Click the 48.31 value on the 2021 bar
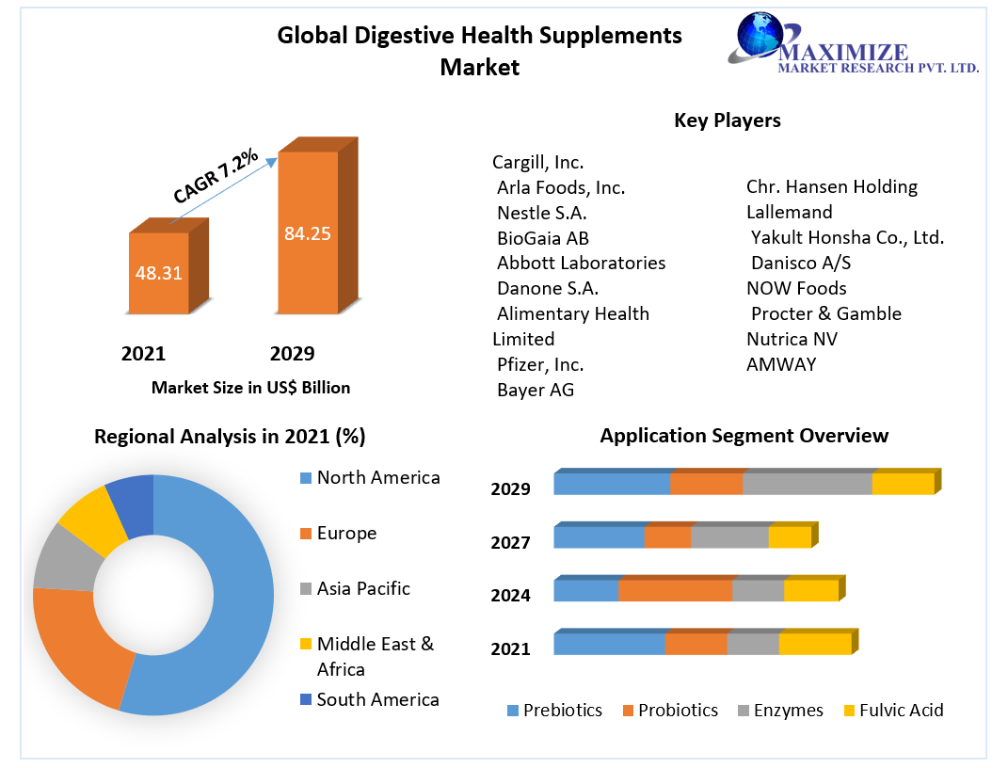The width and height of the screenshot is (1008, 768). tap(158, 274)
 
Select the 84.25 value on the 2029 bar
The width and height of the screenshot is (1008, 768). tap(307, 233)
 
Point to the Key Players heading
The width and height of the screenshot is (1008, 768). tap(727, 120)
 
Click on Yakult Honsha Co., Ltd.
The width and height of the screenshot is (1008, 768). tap(847, 237)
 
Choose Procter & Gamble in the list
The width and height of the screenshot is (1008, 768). tap(825, 313)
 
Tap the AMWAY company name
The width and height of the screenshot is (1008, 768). tap(781, 364)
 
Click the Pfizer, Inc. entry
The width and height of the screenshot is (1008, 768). tap(540, 364)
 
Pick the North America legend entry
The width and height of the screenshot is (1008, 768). tap(377, 478)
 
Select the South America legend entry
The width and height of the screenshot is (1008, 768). tap(377, 699)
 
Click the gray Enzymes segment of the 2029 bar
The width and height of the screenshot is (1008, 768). tap(807, 484)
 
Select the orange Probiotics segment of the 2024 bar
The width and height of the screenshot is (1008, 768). tap(675, 590)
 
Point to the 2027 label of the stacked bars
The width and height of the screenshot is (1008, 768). tap(510, 542)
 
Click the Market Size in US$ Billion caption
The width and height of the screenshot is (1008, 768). tap(250, 388)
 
